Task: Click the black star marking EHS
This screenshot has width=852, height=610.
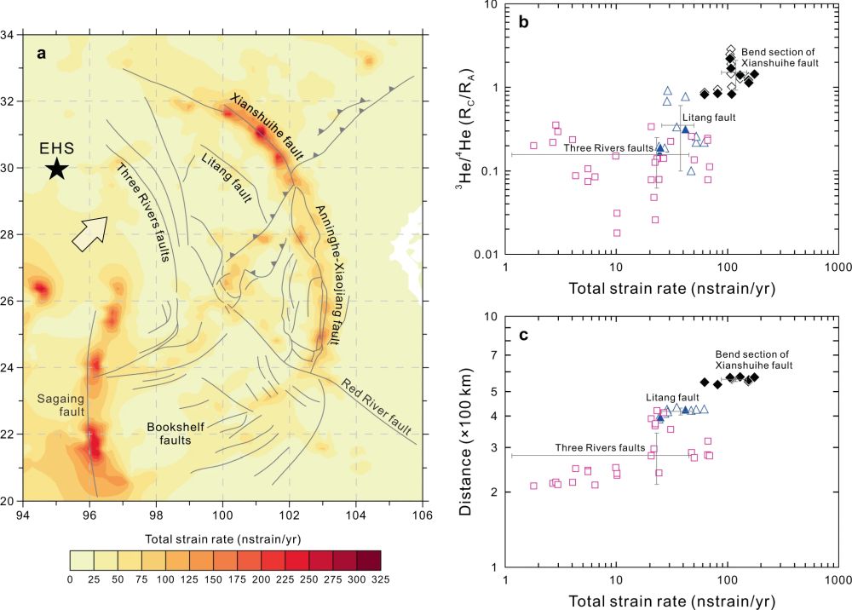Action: point(56,169)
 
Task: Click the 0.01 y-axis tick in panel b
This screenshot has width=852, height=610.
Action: point(487,254)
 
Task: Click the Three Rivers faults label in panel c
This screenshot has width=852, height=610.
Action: point(601,447)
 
